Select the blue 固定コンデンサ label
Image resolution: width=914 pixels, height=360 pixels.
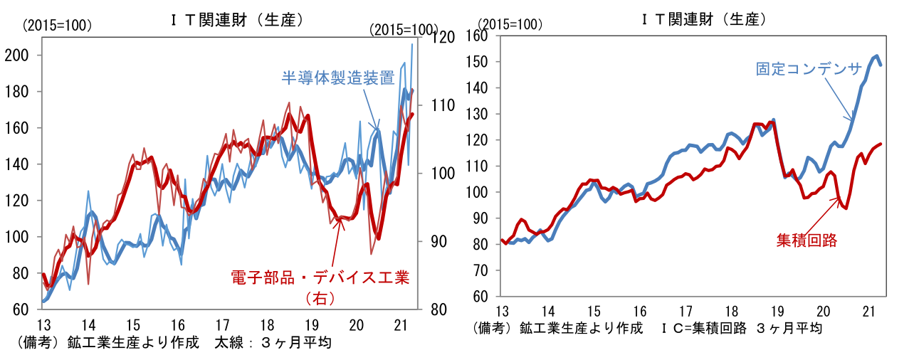(809, 69)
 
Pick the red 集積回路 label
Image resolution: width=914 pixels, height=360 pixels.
(806, 240)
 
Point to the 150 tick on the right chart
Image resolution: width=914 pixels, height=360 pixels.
(481, 62)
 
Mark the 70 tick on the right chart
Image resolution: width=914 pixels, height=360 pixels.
(484, 270)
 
